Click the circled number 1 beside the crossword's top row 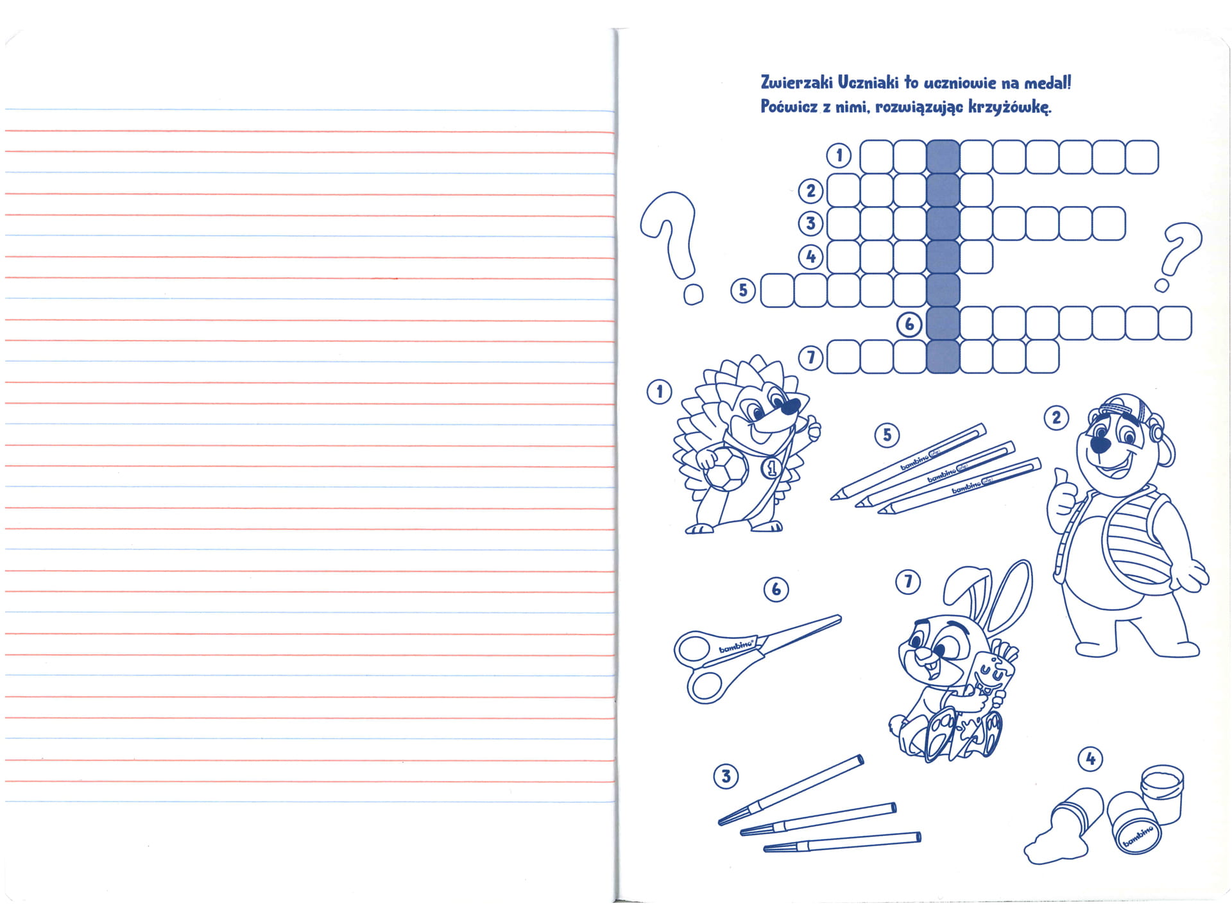click(839, 155)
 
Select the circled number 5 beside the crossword click(743, 291)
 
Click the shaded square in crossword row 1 click(943, 157)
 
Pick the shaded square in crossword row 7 click(943, 357)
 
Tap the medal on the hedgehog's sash click(771, 470)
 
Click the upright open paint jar click(1162, 792)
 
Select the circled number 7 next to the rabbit click(907, 582)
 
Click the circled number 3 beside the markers click(726, 776)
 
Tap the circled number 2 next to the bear click(1056, 418)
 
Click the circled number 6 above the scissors click(776, 589)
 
